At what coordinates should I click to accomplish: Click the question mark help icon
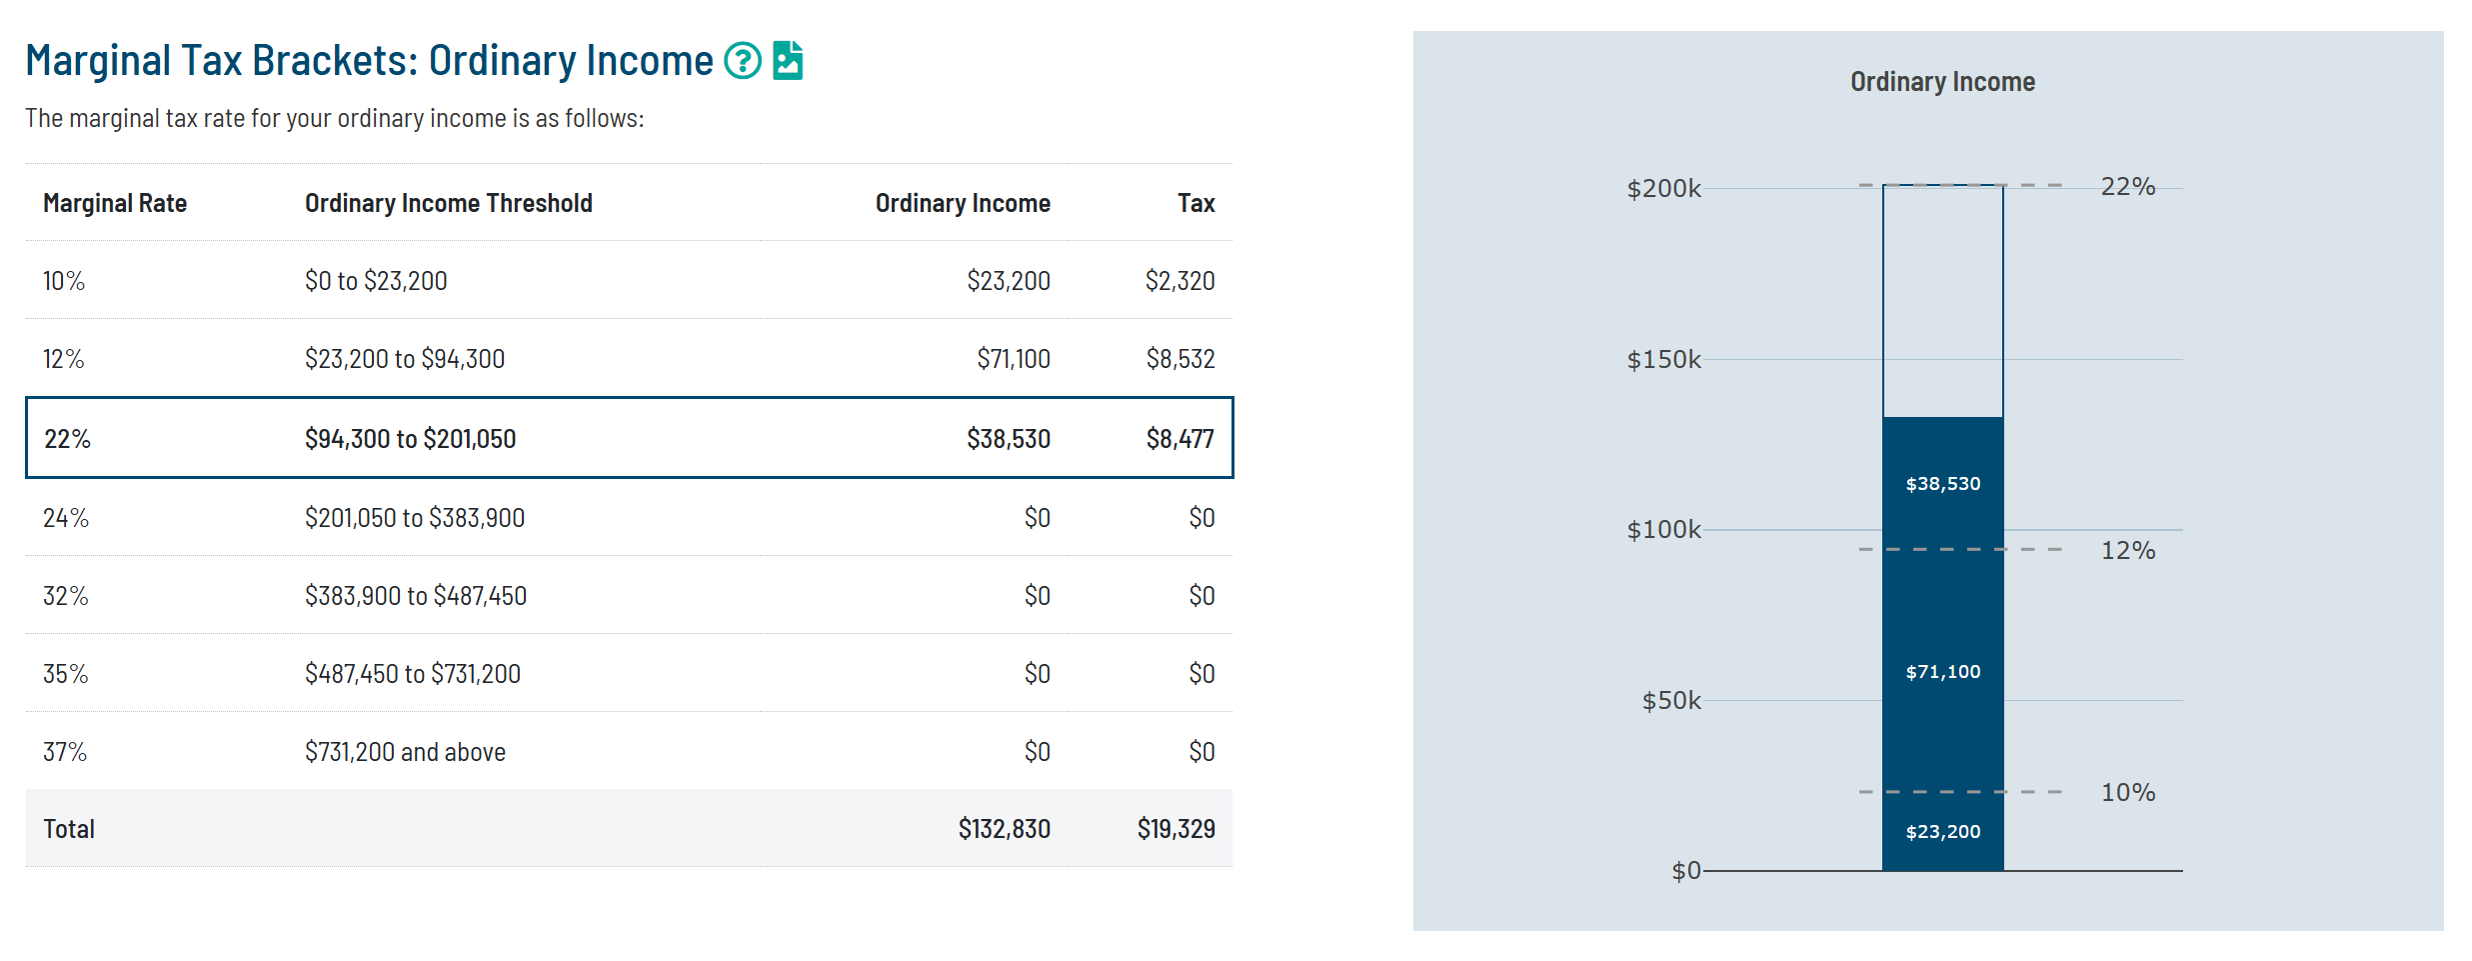tap(742, 61)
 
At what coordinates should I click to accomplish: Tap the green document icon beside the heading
tap(788, 61)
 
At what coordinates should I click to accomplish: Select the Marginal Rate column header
tap(115, 203)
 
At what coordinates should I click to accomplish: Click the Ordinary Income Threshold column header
tap(448, 203)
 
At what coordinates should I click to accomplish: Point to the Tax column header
tap(1196, 203)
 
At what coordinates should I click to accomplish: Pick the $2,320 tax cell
tap(1180, 281)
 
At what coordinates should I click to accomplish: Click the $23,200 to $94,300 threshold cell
tap(405, 359)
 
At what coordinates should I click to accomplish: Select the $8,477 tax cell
tap(1180, 439)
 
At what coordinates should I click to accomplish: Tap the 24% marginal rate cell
tap(66, 518)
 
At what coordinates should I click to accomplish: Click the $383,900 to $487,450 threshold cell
tap(416, 596)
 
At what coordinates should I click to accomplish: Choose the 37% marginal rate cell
tap(65, 752)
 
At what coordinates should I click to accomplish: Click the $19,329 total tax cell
tap(1176, 829)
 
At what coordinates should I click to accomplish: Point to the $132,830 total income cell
tap(1004, 829)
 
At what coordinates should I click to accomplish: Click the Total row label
tap(69, 829)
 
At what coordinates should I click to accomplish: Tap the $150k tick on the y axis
tap(1663, 359)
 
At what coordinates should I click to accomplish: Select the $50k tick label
tap(1670, 700)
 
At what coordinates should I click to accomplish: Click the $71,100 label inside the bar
tap(1942, 672)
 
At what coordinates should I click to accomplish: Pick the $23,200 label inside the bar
tap(1942, 832)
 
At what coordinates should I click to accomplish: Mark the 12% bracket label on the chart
tap(2127, 550)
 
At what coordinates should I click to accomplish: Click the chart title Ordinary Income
tap(1941, 82)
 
